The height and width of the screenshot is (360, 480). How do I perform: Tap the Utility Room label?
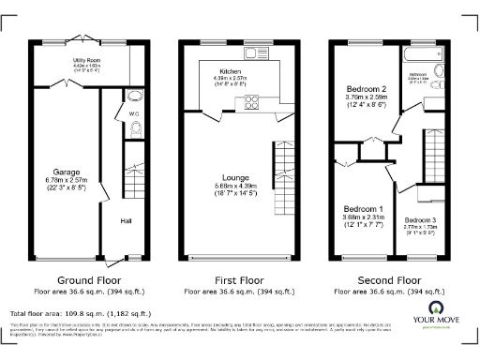[x=87, y=59]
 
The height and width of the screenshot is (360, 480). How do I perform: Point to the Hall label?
[x=125, y=222]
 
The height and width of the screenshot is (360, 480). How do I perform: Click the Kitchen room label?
[x=232, y=71]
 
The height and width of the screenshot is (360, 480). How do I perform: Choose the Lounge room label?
[x=235, y=176]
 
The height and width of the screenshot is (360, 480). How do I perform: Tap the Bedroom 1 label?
[x=361, y=208]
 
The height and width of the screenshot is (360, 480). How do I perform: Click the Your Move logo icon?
[x=436, y=309]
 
